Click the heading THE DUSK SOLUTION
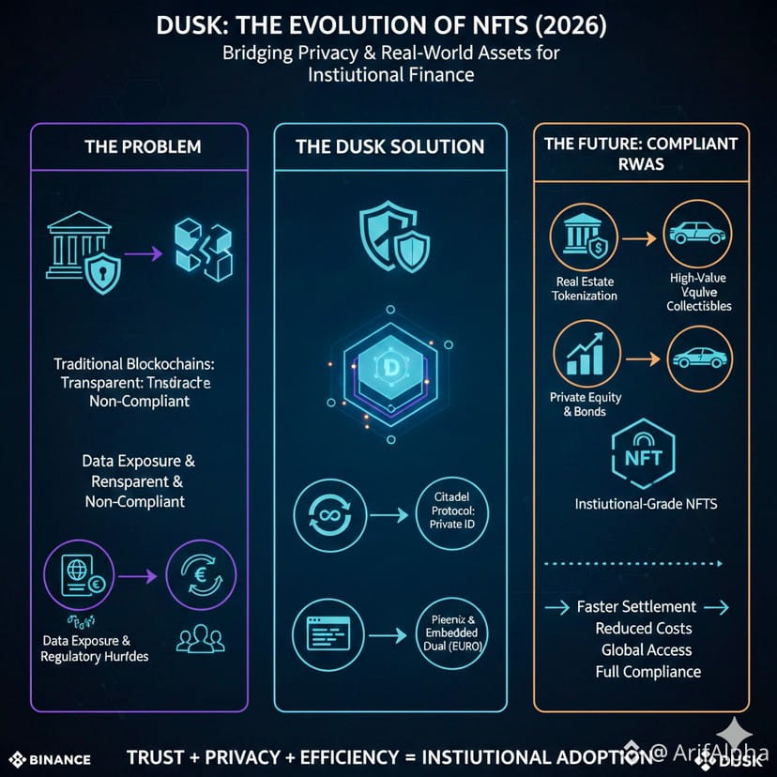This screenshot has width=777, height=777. click(x=389, y=146)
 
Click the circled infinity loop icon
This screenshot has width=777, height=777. click(x=323, y=515)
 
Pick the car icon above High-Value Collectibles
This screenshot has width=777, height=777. click(x=698, y=234)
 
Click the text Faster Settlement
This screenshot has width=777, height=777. click(x=636, y=606)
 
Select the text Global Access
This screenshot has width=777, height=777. click(x=645, y=649)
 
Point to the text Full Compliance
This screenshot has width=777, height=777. click(x=647, y=671)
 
